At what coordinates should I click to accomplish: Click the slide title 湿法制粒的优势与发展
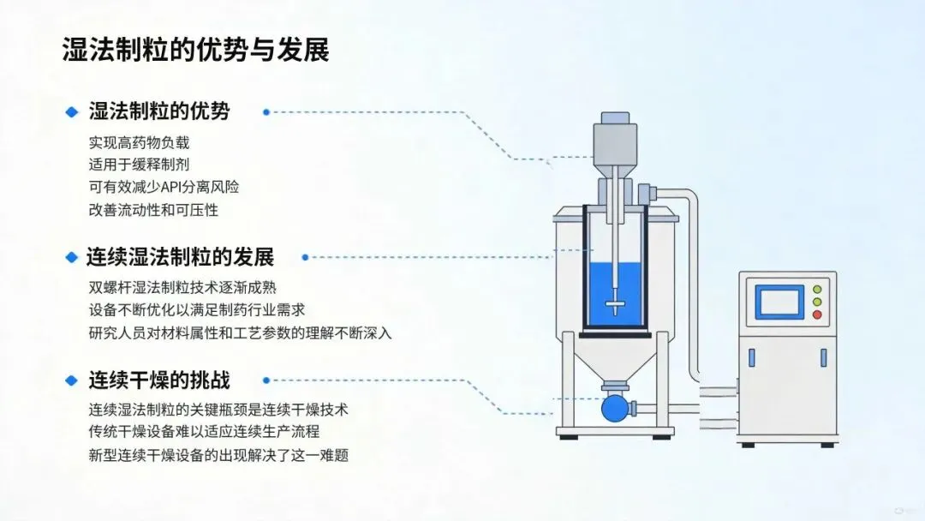[195, 49]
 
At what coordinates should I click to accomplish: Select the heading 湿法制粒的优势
[159, 111]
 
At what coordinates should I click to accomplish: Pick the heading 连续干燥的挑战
[159, 380]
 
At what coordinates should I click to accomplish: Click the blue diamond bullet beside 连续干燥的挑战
[71, 380]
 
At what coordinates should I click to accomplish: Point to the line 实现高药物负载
[139, 142]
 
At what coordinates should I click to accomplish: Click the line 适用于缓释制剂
[139, 165]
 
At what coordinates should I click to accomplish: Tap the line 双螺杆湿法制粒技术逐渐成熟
[182, 288]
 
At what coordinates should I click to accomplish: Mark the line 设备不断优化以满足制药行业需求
[197, 310]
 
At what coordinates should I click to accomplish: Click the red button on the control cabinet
[817, 314]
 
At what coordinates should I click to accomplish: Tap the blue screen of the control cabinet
[779, 302]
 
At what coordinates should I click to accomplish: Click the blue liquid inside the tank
[617, 291]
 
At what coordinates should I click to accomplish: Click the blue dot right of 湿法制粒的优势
[266, 112]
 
